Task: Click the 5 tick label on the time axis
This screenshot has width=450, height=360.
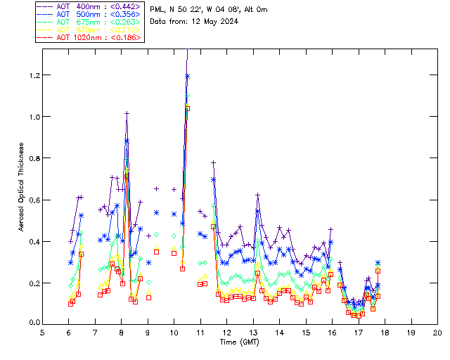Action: click(42, 332)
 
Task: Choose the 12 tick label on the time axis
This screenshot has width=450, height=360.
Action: click(226, 332)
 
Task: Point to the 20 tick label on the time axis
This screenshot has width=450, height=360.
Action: click(437, 332)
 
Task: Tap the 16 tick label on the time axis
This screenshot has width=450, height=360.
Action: click(332, 332)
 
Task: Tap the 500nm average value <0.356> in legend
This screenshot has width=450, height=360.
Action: click(124, 16)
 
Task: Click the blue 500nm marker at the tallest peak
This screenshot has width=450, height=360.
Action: click(187, 76)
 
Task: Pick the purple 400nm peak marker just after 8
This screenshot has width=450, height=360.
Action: click(127, 113)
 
